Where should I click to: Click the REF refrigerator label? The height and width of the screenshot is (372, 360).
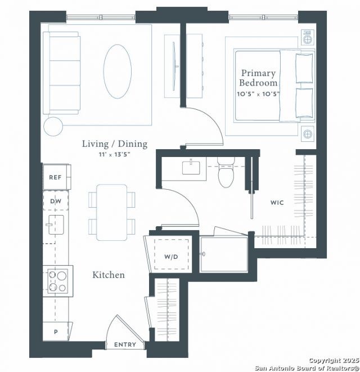[x=55, y=177]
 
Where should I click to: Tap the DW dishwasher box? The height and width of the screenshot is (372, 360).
[x=56, y=201]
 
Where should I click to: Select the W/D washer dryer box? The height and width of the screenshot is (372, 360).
[x=171, y=257]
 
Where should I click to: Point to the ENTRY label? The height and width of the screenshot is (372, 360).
[x=125, y=344]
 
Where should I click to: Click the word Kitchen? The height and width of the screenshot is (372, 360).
[x=109, y=275]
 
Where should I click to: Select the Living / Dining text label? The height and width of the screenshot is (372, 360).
[x=115, y=144]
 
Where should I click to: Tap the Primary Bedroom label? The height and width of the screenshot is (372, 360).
[x=259, y=78]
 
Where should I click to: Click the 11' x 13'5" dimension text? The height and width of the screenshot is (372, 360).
[x=115, y=154]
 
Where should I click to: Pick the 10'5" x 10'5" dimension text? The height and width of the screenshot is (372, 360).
[x=259, y=93]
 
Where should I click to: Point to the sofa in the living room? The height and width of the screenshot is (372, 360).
[x=63, y=72]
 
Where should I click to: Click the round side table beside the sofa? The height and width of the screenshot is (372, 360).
[x=54, y=127]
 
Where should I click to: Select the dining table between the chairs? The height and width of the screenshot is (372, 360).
[x=111, y=212]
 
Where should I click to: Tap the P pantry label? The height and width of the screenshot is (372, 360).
[x=56, y=331]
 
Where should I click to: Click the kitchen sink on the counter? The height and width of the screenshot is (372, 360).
[x=56, y=226]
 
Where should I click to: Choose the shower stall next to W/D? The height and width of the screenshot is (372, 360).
[x=224, y=254]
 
